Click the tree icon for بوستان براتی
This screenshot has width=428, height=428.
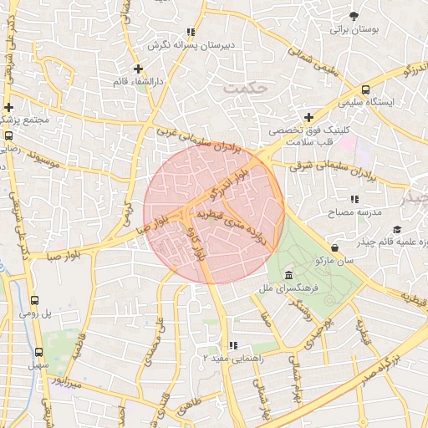pyautogui.click(x=354, y=16)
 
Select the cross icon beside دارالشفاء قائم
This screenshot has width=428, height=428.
pyautogui.click(x=139, y=69)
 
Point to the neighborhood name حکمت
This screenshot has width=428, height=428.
pyautogui.click(x=248, y=85)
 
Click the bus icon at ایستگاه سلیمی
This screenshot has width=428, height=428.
pyautogui.click(x=365, y=89)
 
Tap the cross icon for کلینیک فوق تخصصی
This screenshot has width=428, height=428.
pyautogui.click(x=308, y=117)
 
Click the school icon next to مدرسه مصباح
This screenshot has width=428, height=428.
pyautogui.click(x=354, y=199)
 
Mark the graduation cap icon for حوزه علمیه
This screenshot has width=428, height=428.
pyautogui.click(x=396, y=229)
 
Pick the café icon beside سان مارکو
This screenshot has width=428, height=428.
pyautogui.click(x=335, y=247)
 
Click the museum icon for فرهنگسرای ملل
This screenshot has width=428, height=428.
pyautogui.click(x=288, y=276)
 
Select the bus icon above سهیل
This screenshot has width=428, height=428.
pyautogui.click(x=38, y=352)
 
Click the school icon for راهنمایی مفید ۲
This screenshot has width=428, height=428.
pyautogui.click(x=234, y=344)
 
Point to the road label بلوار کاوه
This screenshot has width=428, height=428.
pyautogui.click(x=196, y=243)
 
